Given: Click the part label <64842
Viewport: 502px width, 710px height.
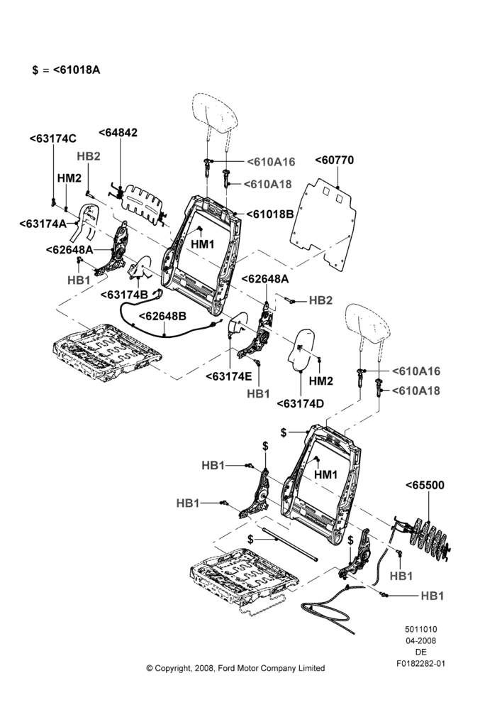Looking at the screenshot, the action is pos(118,133).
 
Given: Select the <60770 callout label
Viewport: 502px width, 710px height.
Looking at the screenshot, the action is pos(334,160).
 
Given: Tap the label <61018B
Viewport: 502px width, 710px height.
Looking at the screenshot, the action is pos(270,214).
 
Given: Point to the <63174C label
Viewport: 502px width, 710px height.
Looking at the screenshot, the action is pos(53,138).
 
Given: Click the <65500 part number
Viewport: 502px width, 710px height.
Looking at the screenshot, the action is pos(425,485).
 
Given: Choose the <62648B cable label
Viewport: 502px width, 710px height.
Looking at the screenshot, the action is pos(162,316).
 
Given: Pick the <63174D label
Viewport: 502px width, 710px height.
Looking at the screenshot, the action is pos(301,403).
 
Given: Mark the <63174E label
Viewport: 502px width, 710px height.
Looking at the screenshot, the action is pos(229,377).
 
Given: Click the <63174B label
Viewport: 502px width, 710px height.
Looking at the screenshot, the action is pos(124,295).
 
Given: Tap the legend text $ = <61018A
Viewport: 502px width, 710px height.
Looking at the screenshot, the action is pos(67,70).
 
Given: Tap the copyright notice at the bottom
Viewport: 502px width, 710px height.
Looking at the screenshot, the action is pos(235,668).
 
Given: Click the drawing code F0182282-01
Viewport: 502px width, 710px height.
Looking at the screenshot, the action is pos(420,664).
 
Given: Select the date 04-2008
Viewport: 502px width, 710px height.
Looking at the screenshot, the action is pos(420,640).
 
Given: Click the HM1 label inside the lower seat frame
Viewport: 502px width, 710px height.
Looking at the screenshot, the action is pos(325,474).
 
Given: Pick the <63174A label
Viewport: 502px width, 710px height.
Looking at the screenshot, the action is pos(43,223).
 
